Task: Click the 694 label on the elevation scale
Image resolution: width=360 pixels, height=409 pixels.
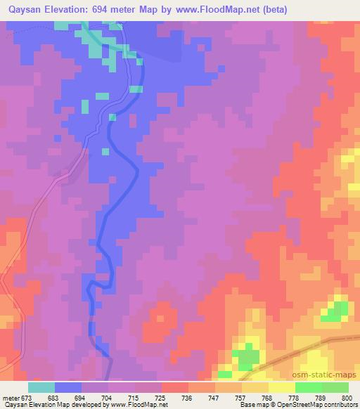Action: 86,397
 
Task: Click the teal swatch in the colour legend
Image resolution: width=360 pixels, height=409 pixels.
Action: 41,387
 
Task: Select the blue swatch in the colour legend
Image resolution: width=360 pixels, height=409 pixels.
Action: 68,387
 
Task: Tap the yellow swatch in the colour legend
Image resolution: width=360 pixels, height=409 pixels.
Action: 281,387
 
